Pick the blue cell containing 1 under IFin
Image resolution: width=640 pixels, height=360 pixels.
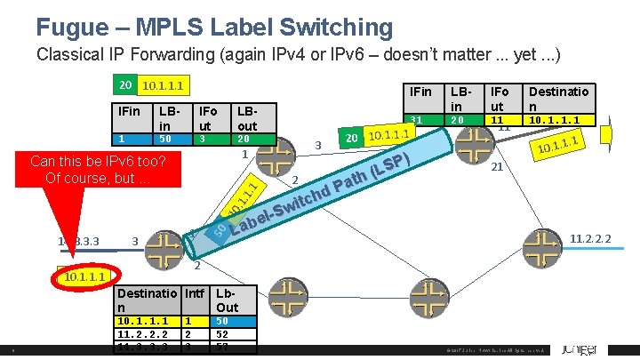click(130, 139)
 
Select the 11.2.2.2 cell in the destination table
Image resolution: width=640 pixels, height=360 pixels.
click(147, 334)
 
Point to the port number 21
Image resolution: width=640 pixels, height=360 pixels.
click(499, 166)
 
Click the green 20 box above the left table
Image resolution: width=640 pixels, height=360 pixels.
click(126, 85)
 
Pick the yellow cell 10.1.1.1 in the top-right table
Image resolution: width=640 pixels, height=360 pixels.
click(558, 120)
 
